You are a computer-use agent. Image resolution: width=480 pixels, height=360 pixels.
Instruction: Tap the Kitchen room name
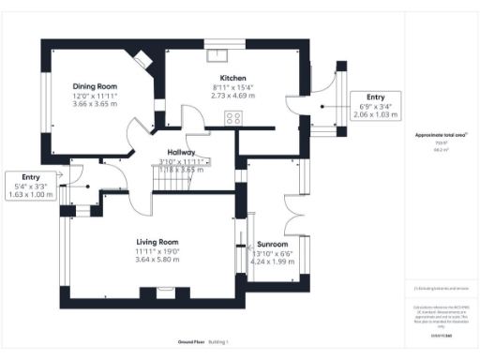[233, 78]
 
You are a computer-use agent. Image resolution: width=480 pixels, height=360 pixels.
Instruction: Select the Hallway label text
[181, 152]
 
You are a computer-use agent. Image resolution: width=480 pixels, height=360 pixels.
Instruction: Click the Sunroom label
[273, 243]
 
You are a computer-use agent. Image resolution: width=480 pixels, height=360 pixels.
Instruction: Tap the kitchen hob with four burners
[233, 118]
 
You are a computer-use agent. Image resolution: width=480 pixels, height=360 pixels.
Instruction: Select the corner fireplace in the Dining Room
[142, 58]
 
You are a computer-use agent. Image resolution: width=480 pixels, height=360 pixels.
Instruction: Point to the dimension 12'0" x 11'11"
[95, 97]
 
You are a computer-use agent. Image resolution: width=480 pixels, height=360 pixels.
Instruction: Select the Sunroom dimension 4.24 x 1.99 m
[273, 261]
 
